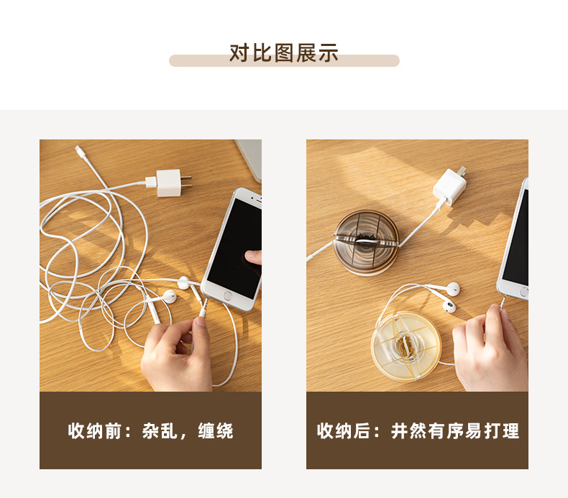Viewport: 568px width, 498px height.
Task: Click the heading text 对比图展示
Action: click(x=283, y=53)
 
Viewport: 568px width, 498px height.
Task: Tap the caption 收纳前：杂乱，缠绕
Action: click(x=150, y=431)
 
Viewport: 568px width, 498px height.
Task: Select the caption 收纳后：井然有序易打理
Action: click(x=418, y=431)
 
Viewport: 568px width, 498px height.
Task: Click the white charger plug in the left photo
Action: click(x=167, y=183)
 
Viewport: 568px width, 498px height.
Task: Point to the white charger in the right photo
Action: click(x=448, y=187)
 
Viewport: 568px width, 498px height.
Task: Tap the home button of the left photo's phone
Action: click(x=228, y=295)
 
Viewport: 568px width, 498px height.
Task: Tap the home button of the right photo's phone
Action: click(x=523, y=292)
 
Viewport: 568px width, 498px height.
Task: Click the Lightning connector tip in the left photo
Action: click(x=78, y=151)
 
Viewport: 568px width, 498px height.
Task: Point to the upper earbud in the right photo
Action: click(x=452, y=289)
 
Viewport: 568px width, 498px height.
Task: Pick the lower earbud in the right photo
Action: click(x=449, y=306)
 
